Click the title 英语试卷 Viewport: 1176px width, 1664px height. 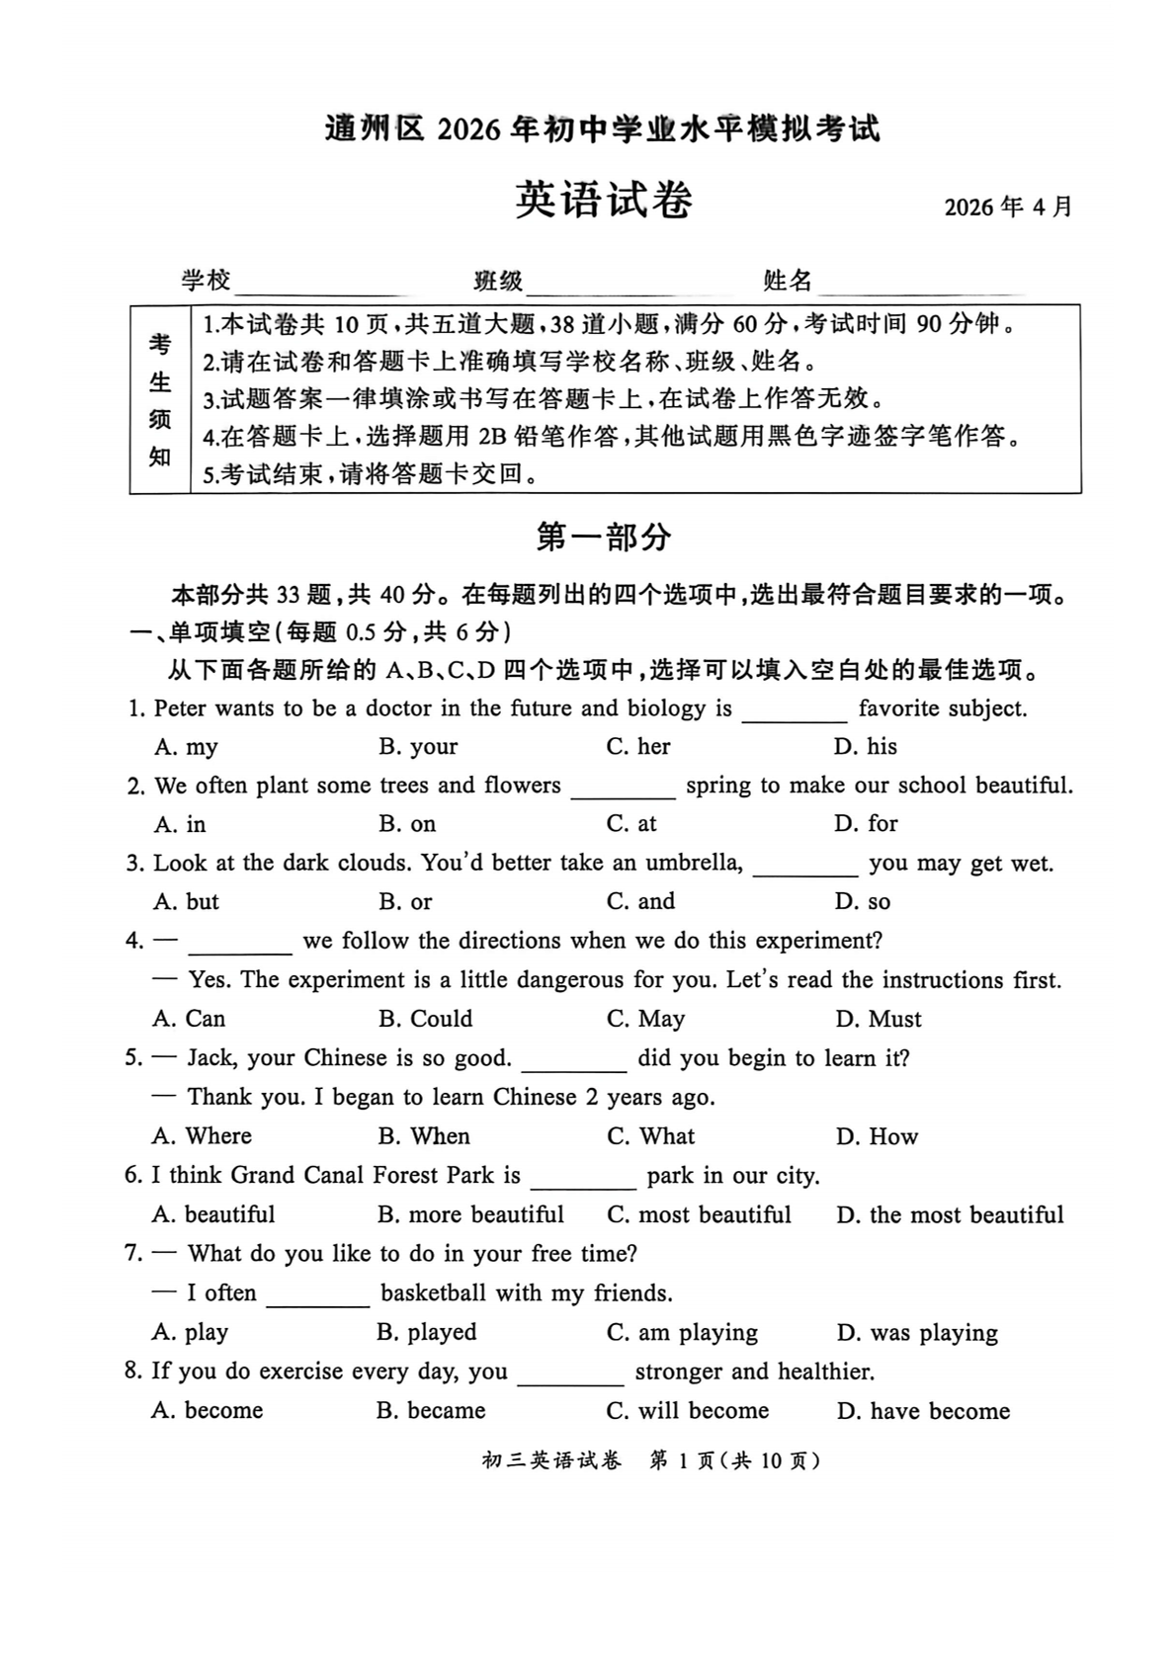coord(603,201)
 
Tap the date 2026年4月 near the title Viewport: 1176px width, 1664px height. coord(1007,207)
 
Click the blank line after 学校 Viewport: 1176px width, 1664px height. coord(318,285)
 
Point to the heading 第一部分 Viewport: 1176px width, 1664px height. coord(603,537)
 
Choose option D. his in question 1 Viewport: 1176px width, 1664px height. coord(866,747)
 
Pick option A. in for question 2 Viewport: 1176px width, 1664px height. coord(180,824)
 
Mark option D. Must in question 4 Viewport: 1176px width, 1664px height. coord(878,1019)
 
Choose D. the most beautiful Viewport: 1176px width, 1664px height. coord(950,1214)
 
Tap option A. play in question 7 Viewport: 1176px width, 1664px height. coord(190,1332)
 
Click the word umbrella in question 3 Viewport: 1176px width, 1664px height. coord(693,863)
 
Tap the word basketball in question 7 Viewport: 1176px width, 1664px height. coord(433,1293)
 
